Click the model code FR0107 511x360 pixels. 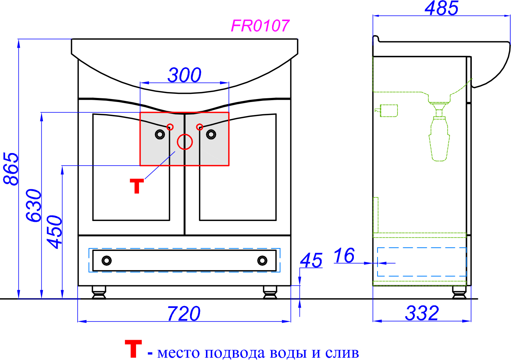[260, 26]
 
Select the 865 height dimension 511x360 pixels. [11, 169]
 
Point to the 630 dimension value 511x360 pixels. [34, 205]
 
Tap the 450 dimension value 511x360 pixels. [54, 232]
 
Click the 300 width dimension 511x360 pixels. [185, 75]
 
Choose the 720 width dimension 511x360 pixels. [184, 314]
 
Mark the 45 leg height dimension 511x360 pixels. [311, 260]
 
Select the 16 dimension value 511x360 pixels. [344, 255]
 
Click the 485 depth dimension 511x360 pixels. [441, 8]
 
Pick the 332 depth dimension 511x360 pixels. [422, 313]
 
